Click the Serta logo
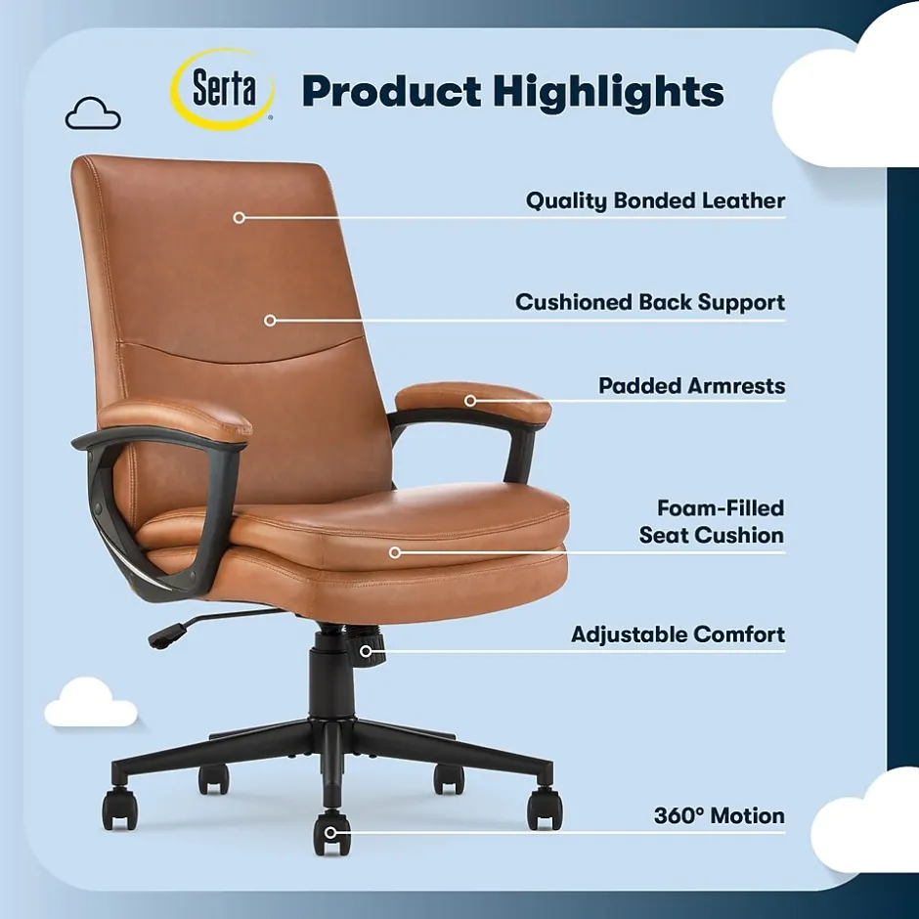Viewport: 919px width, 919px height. [x=223, y=89]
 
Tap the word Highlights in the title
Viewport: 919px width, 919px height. [x=608, y=93]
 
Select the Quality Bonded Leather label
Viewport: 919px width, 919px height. [x=655, y=200]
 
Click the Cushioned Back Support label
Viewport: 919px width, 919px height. [x=650, y=302]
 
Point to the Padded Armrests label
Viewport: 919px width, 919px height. [x=691, y=385]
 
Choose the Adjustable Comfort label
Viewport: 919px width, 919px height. [x=678, y=635]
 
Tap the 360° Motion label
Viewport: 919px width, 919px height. [x=720, y=815]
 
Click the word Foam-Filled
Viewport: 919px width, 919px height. [x=721, y=507]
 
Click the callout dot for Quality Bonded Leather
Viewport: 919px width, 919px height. [x=239, y=217]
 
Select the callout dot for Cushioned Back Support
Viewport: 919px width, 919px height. [x=270, y=320]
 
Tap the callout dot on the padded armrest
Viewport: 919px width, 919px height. [x=470, y=401]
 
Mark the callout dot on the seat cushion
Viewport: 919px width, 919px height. [x=395, y=552]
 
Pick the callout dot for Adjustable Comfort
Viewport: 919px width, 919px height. [x=366, y=651]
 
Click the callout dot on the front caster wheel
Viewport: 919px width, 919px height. [x=330, y=832]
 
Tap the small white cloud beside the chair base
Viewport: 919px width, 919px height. [x=90, y=702]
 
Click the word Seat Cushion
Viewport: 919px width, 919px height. [x=711, y=535]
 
